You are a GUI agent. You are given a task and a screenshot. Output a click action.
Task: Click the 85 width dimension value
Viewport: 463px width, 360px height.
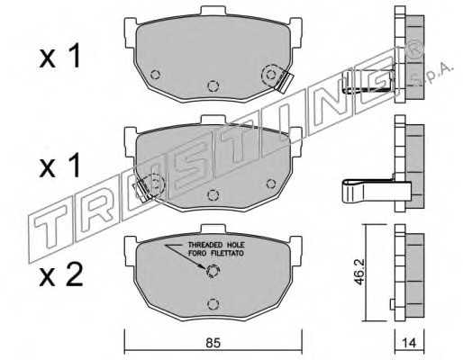coord(213,343)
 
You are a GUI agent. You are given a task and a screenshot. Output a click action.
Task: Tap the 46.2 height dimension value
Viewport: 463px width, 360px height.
coord(359,273)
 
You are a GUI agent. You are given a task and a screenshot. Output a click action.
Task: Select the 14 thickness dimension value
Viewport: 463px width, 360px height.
coord(409,343)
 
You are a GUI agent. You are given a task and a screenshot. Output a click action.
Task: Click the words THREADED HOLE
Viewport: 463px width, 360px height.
coord(216,245)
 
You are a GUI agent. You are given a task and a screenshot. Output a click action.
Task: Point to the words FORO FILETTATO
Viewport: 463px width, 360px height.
coord(216,254)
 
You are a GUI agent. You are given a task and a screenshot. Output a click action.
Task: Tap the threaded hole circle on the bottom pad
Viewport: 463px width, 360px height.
coord(213,271)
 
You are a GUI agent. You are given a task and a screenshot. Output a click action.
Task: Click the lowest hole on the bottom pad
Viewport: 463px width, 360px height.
coord(213,304)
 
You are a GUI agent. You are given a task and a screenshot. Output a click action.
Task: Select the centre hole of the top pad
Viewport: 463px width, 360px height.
coord(213,86)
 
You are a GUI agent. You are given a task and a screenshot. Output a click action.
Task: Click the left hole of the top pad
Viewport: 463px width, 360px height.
coord(155,74)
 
